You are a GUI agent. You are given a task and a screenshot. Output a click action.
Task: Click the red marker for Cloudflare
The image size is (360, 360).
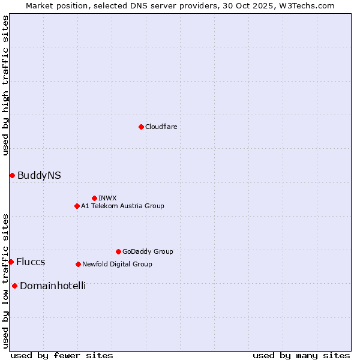click(141, 127)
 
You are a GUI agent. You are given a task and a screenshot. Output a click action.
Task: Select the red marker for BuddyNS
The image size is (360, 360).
click(12, 175)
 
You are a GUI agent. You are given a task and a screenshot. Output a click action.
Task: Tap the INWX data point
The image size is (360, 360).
click(94, 198)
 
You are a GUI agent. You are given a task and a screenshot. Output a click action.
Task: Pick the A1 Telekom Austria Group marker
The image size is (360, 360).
click(77, 206)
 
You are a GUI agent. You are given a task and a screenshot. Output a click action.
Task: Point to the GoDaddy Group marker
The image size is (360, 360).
click(118, 251)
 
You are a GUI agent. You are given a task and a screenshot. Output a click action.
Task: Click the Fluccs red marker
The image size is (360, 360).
click(11, 262)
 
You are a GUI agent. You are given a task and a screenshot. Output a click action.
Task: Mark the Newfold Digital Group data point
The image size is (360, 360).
click(78, 264)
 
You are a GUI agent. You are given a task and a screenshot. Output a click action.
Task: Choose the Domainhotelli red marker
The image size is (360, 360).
click(14, 286)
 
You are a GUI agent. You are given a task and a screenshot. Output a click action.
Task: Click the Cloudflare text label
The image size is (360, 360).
click(161, 127)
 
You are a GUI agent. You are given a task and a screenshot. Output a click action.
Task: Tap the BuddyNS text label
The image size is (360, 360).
click(39, 175)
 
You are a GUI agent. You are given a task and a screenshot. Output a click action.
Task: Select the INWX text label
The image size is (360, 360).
click(107, 198)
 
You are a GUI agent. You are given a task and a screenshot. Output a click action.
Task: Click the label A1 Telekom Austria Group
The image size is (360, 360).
click(122, 206)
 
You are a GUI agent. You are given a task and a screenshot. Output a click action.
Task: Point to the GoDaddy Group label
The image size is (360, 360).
click(148, 251)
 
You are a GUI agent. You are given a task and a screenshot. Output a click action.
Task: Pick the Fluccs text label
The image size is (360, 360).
click(31, 262)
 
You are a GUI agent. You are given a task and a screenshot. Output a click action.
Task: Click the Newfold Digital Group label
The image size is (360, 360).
click(117, 264)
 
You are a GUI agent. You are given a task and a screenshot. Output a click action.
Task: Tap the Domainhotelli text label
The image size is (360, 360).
click(53, 286)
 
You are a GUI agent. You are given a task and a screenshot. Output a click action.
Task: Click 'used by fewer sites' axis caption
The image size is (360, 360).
click(62, 355)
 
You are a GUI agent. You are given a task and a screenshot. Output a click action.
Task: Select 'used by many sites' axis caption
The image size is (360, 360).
click(301, 355)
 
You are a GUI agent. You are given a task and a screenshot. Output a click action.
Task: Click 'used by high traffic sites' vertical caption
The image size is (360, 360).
click(5, 85)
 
